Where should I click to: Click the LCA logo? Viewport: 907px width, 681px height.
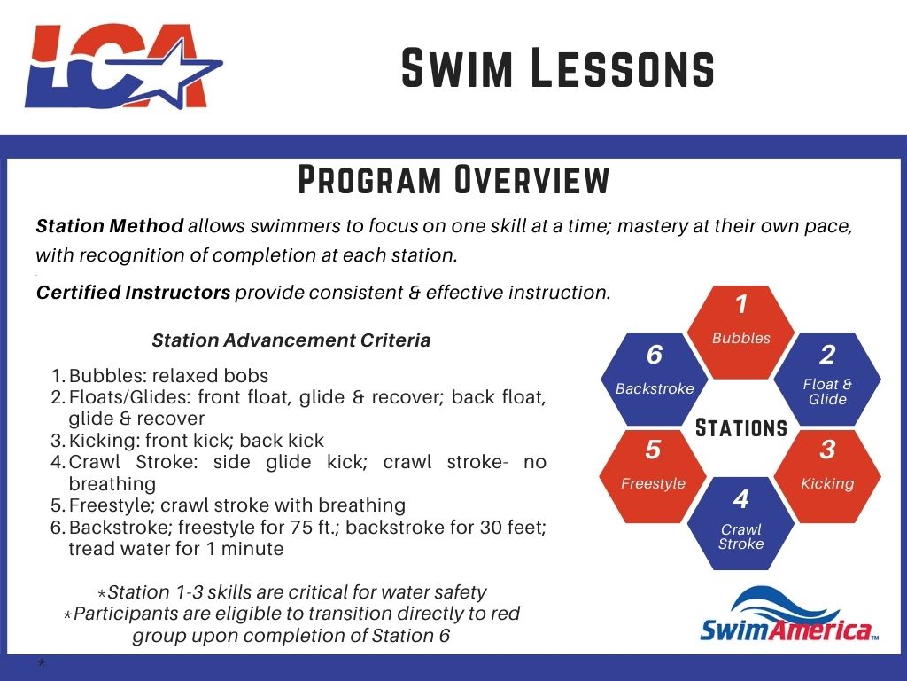tap(123, 66)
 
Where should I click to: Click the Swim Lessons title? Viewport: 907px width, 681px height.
tap(557, 68)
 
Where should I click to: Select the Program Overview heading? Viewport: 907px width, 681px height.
tap(453, 179)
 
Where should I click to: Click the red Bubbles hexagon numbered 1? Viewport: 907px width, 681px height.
tap(741, 324)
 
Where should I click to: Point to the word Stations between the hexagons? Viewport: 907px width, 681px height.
tap(741, 429)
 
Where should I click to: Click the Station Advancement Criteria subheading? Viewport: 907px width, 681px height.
tap(291, 340)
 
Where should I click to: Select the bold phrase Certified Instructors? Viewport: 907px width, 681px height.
tap(133, 293)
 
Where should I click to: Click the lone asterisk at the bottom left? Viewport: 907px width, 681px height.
tap(41, 664)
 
